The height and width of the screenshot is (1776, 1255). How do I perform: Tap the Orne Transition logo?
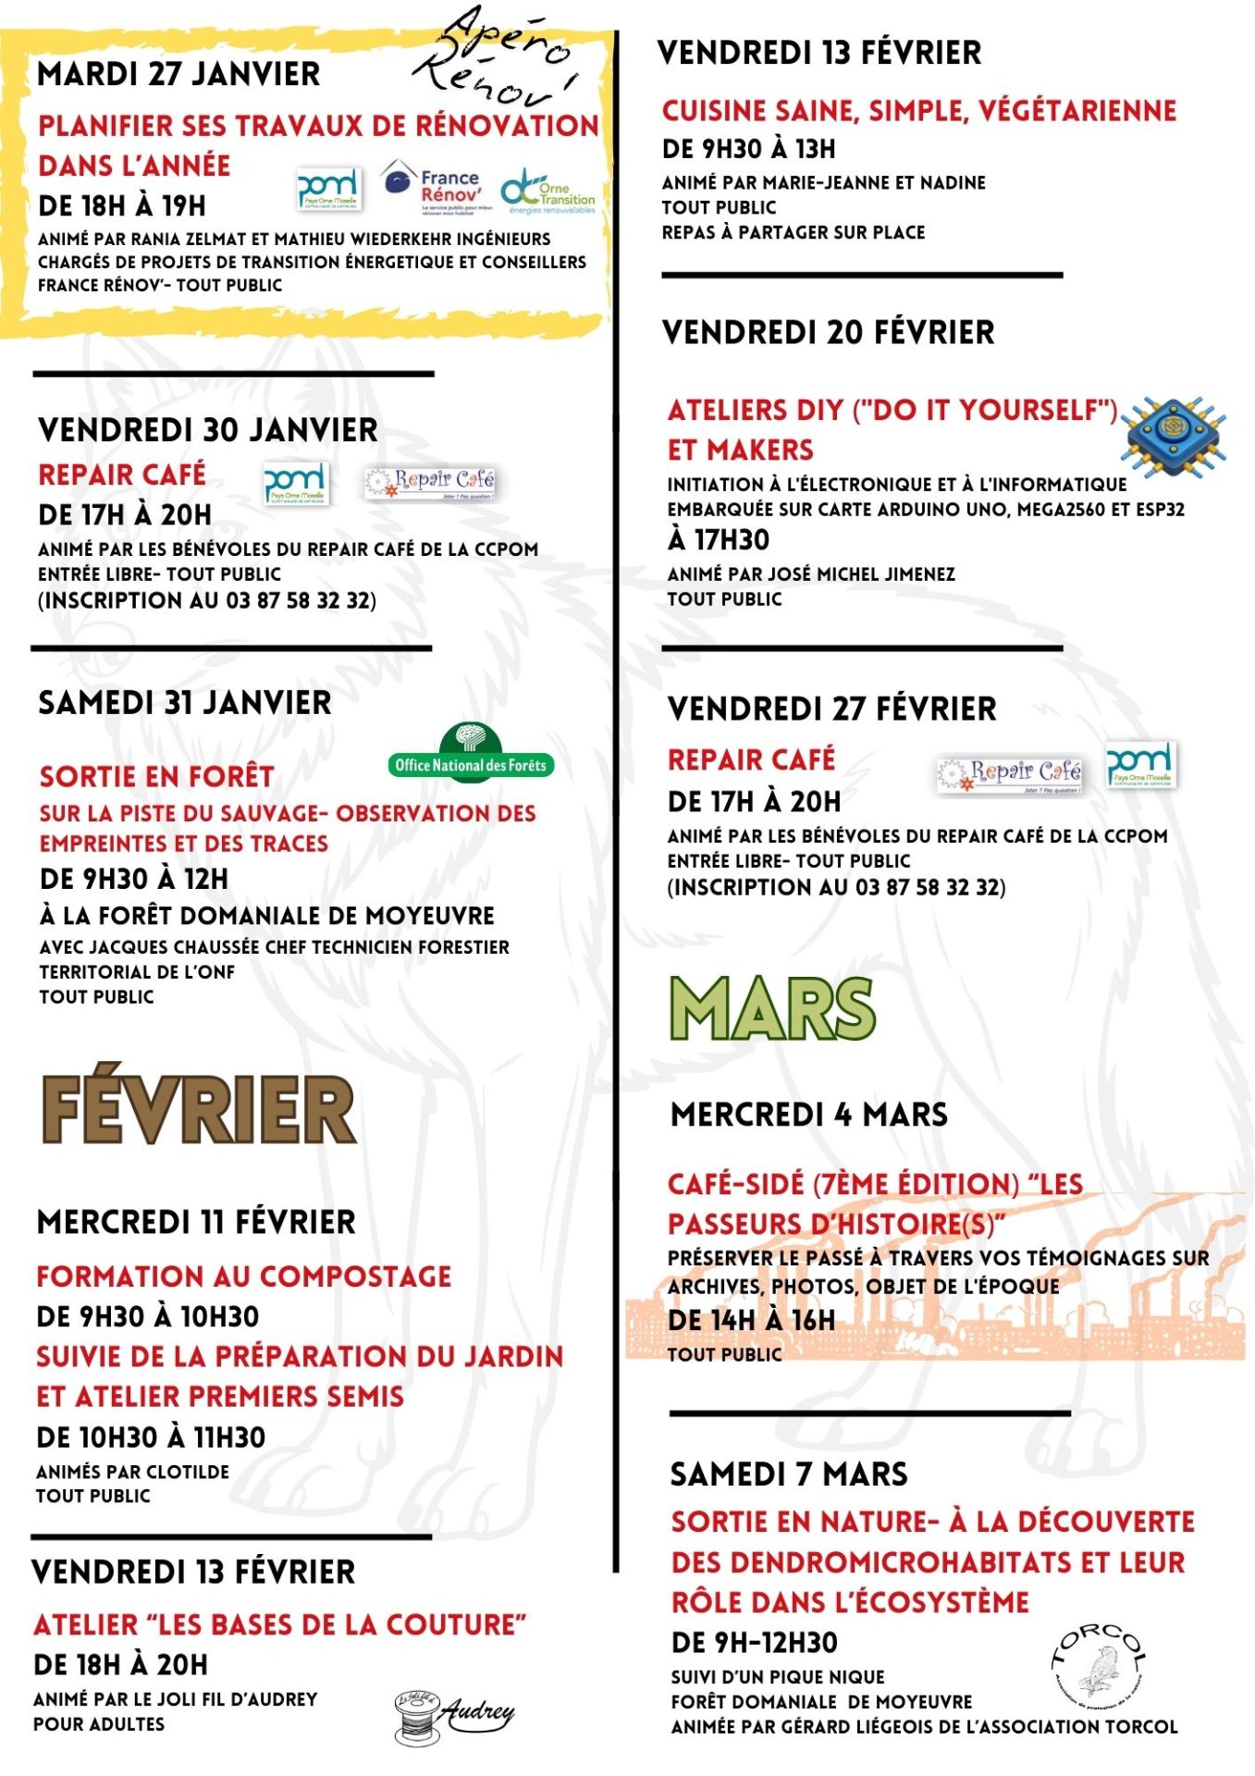(548, 191)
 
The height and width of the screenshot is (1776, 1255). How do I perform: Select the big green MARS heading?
(772, 1009)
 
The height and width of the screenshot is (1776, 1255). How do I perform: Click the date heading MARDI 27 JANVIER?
(178, 74)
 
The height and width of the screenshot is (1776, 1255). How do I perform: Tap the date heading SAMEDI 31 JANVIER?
(184, 703)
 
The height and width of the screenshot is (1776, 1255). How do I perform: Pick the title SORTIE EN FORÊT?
(156, 776)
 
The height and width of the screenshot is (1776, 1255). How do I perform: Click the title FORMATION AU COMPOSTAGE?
(243, 1276)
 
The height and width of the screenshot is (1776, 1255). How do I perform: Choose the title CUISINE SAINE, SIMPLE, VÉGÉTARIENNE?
(918, 111)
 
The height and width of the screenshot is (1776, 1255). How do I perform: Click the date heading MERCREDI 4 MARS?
(809, 1115)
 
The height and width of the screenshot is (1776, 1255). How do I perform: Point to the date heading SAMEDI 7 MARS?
(789, 1474)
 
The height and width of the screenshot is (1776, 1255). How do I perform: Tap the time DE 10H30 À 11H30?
(151, 1437)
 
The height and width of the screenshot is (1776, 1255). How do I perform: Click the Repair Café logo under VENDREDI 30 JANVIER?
(431, 481)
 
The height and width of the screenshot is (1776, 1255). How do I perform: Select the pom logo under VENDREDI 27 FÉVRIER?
(1141, 765)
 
